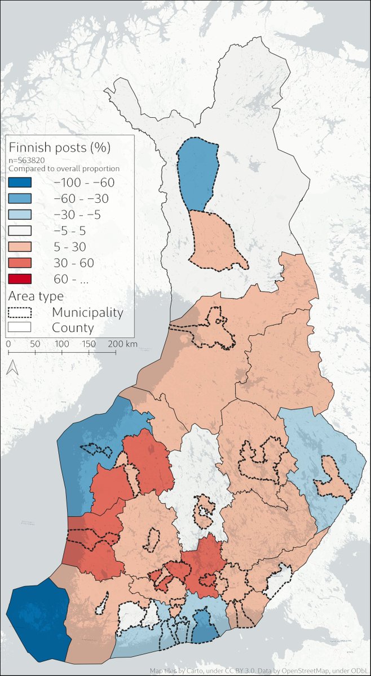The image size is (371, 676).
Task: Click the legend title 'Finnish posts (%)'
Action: pos(59,148)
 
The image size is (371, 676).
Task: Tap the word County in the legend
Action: pos(73,328)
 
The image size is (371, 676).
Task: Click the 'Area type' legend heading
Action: pos(36,296)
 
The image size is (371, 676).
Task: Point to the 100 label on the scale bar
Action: pos(61,344)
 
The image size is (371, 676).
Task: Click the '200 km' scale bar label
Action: pos(123,344)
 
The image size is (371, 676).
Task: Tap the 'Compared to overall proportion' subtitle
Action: pos(63,168)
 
